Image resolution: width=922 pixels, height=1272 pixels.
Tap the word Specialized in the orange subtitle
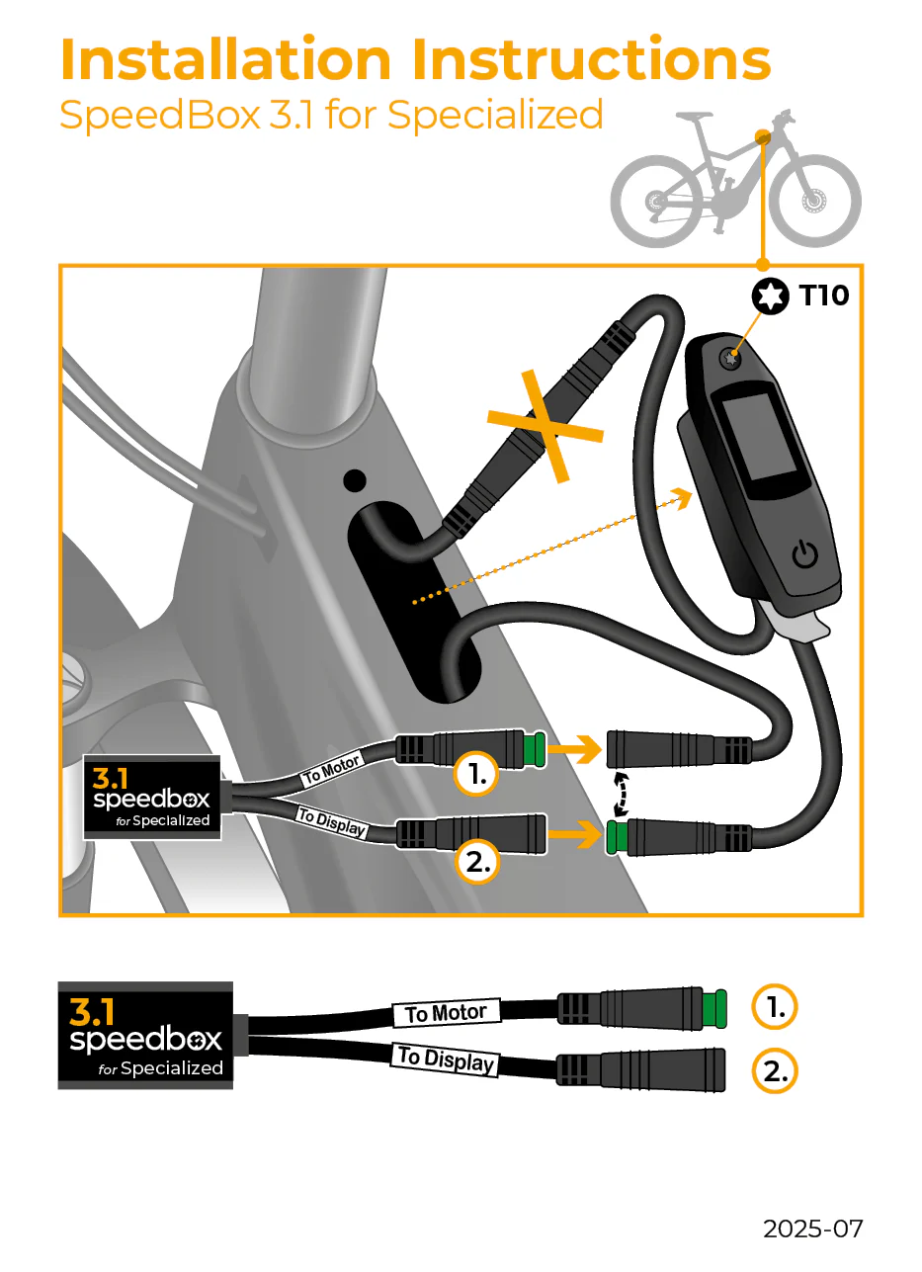[495, 115]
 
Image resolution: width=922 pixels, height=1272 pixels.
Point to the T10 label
[823, 295]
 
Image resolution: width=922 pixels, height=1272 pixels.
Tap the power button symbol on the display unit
[805, 555]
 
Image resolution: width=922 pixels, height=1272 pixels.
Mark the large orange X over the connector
[545, 426]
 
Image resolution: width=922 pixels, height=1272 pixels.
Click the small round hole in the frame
[354, 481]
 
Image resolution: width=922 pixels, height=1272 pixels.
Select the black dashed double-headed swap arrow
[621, 791]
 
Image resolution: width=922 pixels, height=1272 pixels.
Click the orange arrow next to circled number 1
[577, 750]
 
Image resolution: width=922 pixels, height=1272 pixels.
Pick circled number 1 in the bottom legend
[775, 1007]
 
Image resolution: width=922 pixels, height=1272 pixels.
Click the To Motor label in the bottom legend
[447, 1013]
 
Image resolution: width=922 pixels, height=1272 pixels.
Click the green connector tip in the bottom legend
[715, 1008]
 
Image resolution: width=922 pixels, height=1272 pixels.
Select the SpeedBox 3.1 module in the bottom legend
[146, 1036]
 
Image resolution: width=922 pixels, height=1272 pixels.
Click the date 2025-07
[812, 1229]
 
